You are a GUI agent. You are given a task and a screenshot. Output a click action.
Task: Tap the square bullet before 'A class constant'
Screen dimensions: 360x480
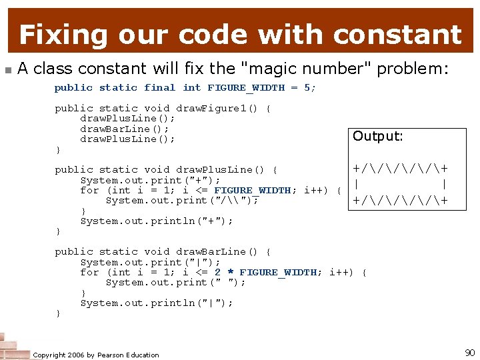[7, 69]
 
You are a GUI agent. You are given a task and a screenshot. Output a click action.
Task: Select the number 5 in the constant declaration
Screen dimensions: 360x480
[307, 87]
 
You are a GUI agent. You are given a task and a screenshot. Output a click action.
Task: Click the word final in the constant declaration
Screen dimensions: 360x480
[160, 87]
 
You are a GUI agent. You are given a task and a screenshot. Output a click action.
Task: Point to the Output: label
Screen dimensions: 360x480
[377, 136]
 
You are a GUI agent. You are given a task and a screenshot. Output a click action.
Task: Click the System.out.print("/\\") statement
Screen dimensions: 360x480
[181, 200]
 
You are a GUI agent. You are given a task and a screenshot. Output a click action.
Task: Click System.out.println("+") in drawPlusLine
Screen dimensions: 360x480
[156, 221]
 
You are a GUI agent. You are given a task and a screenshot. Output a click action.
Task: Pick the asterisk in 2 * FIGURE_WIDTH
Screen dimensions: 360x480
[230, 273]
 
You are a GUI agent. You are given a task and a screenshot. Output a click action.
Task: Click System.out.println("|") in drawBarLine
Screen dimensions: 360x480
[156, 303]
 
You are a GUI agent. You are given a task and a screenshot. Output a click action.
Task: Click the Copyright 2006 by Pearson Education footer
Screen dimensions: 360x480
[96, 355]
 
